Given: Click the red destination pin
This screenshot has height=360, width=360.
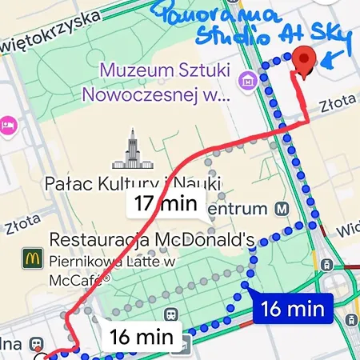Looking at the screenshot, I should (x=303, y=60).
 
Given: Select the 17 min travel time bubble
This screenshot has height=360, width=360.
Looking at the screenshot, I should (x=165, y=203).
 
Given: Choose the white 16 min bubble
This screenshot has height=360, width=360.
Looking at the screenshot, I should (x=142, y=337).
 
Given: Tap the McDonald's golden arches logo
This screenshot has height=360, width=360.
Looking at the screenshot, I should (x=32, y=258).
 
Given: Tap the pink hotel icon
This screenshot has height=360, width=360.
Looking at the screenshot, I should (x=8, y=126).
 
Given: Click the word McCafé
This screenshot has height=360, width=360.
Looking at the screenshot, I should (x=79, y=280).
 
